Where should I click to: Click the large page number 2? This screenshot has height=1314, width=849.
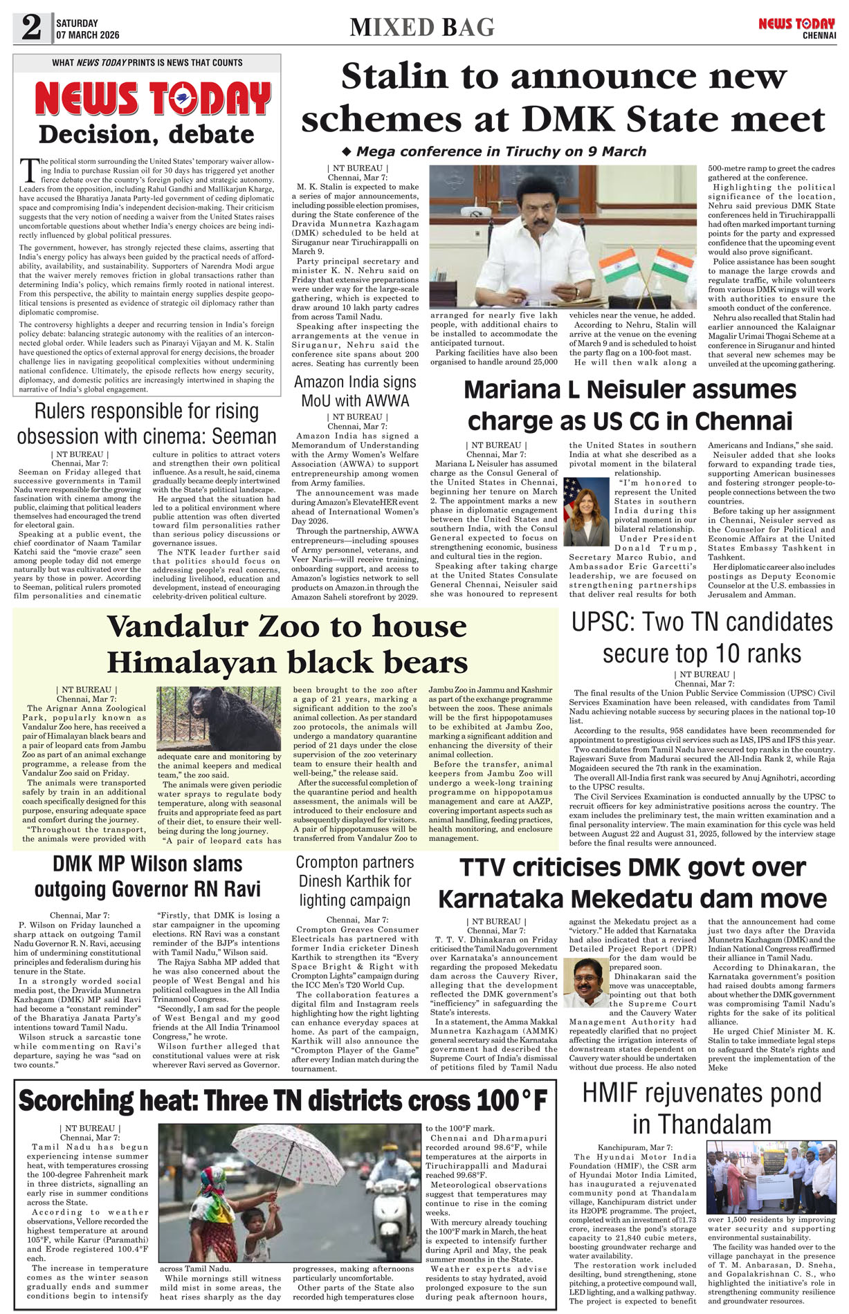tap(31, 28)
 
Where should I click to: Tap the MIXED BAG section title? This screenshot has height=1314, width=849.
tap(422, 28)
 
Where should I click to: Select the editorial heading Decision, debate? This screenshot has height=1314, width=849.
tap(147, 134)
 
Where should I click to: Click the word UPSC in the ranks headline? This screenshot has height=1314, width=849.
tap(599, 622)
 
